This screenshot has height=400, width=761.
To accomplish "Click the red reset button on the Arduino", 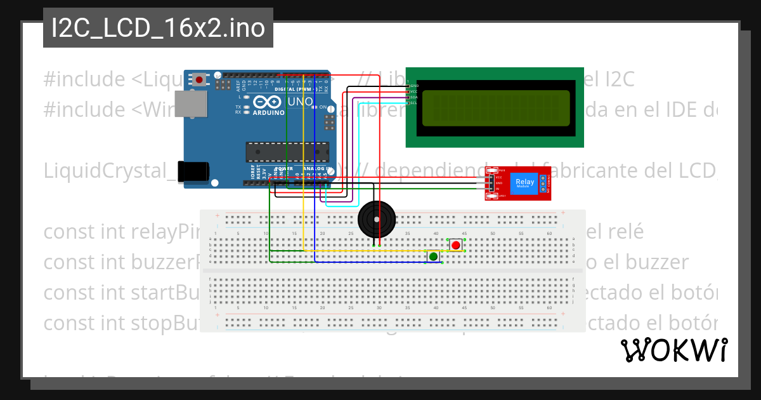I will click(200, 80).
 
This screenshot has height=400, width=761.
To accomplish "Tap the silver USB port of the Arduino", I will click(192, 105).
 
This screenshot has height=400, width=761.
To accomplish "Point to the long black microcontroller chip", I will click(288, 151).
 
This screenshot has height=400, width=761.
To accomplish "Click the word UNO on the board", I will click(301, 102).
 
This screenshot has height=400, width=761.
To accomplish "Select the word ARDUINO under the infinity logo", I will click(268, 112).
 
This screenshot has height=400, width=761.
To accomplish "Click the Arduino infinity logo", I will click(269, 102).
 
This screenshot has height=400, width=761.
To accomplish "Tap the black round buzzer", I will click(377, 220).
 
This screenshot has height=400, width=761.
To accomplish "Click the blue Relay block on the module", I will click(524, 183).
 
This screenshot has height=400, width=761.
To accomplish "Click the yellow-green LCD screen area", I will click(495, 107).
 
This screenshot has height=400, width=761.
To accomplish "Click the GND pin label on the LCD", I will click(413, 85).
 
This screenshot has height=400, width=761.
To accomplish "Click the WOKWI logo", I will click(673, 350).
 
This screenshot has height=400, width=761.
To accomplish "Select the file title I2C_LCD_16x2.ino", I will click(158, 29).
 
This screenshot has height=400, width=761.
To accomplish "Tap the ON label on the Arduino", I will click(323, 107).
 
